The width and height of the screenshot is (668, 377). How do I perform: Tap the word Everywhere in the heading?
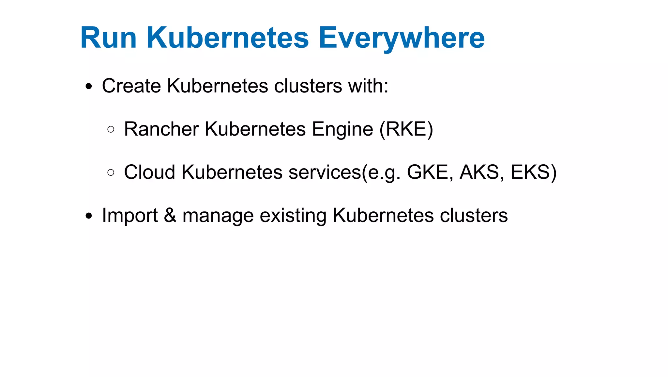[x=402, y=39]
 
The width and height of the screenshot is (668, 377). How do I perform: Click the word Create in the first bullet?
[x=131, y=86]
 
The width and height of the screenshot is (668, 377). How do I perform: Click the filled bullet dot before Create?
[x=89, y=87]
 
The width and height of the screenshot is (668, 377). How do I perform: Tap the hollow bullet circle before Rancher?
[x=111, y=129]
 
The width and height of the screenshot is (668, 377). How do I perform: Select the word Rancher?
[x=161, y=129]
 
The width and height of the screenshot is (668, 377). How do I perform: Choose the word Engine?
[x=342, y=130]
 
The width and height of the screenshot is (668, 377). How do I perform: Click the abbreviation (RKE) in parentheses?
[x=406, y=129]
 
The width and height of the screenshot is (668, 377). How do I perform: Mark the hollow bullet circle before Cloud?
[x=111, y=172]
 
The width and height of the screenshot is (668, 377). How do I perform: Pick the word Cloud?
[x=150, y=172]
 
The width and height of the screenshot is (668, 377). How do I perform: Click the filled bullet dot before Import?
[x=89, y=216]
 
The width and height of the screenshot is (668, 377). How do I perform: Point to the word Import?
[x=130, y=216]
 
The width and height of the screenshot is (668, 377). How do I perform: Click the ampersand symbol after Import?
[x=170, y=216]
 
